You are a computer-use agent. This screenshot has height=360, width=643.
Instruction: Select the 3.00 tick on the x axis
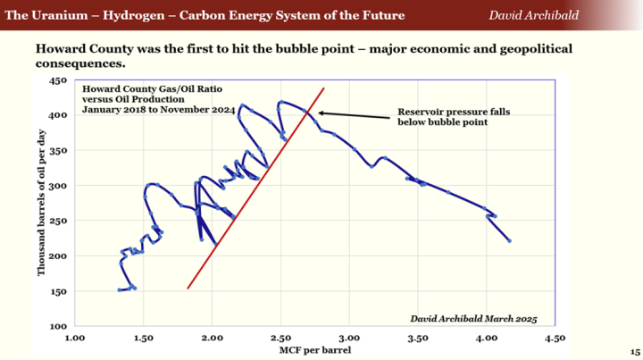349,339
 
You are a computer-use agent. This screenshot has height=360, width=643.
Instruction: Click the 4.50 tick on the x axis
555,339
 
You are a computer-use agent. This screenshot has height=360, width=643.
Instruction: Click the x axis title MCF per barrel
315,350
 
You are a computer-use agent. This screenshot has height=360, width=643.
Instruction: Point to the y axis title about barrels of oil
41,204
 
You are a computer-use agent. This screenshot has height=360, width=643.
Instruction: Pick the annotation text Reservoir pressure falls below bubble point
442,117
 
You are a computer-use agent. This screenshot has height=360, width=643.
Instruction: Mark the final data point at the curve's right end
509,241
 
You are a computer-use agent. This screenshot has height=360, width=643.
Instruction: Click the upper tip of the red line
323,88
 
